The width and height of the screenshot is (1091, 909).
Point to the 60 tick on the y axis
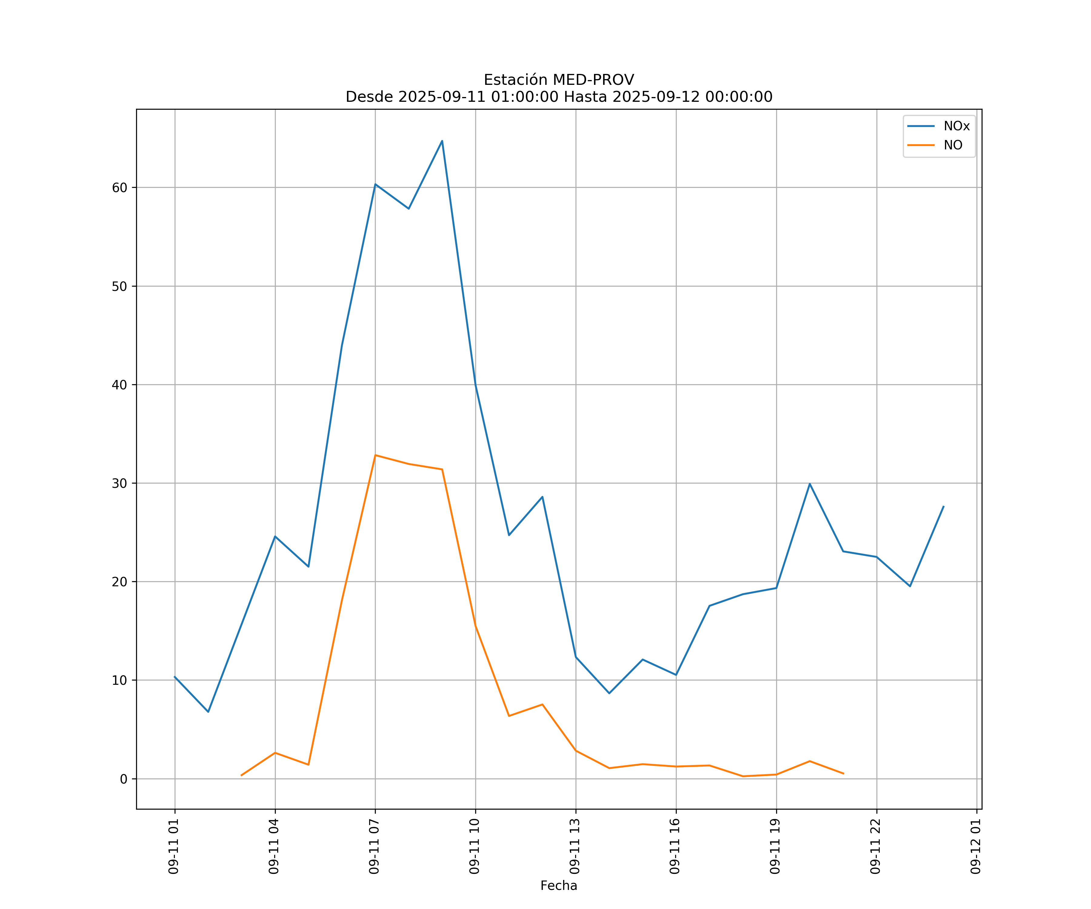click(119, 188)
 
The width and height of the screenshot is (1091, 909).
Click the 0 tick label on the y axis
click(124, 779)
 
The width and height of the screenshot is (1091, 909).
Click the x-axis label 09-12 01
click(976, 847)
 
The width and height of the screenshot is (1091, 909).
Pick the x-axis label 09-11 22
click(876, 847)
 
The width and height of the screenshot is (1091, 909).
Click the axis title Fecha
click(559, 886)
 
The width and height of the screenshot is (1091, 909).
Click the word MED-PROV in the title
click(593, 80)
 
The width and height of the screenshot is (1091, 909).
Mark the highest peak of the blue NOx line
click(442, 141)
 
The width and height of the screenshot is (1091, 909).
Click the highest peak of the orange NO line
click(375, 455)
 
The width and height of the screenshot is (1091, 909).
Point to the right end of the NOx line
click(943, 506)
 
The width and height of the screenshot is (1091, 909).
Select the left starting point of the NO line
click(242, 775)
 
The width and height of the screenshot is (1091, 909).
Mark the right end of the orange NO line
click(843, 774)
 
